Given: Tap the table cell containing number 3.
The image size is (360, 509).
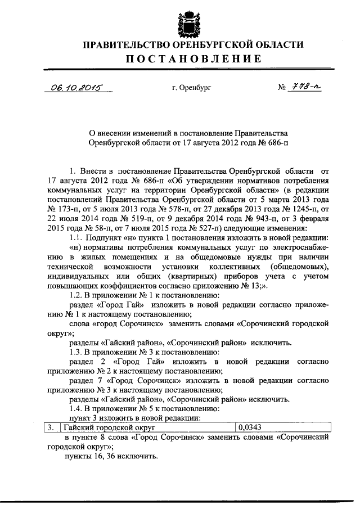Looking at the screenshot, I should point(51,428).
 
